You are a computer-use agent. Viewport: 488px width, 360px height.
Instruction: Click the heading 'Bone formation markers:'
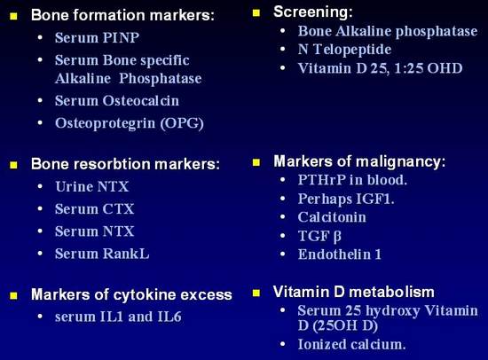click(x=122, y=15)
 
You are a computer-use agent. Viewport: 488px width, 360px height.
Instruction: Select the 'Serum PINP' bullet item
click(x=97, y=37)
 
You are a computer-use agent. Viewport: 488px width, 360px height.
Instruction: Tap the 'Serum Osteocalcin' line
click(x=117, y=100)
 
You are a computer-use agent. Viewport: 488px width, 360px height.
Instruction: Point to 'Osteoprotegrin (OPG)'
click(x=130, y=123)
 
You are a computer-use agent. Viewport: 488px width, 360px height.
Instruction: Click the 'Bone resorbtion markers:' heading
click(x=125, y=164)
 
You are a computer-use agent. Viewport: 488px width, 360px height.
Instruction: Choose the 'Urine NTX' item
click(x=91, y=187)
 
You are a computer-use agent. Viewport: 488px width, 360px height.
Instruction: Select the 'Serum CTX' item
click(x=95, y=208)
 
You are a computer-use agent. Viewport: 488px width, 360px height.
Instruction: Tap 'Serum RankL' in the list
click(x=102, y=254)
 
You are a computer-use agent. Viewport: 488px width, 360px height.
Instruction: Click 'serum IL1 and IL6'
click(x=118, y=317)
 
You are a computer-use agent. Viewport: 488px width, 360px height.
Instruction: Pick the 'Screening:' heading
click(x=313, y=12)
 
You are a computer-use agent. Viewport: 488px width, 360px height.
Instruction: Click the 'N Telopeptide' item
click(x=344, y=50)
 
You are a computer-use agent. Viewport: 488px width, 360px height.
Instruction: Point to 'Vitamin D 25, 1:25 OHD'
click(x=380, y=68)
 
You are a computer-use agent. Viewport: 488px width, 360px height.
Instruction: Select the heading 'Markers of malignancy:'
click(x=359, y=161)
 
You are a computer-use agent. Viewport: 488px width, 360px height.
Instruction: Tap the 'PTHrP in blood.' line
click(x=352, y=180)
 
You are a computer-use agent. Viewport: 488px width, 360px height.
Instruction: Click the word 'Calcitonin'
click(x=332, y=217)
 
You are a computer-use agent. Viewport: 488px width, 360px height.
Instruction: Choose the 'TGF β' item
click(x=319, y=236)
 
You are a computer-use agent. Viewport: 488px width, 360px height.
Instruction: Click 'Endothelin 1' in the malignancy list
click(x=340, y=254)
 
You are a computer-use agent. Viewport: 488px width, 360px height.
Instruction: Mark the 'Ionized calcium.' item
click(x=351, y=344)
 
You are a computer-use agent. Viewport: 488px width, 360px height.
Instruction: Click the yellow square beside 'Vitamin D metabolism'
click(x=256, y=293)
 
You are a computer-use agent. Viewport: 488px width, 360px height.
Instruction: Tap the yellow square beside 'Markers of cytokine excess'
click(x=13, y=295)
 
